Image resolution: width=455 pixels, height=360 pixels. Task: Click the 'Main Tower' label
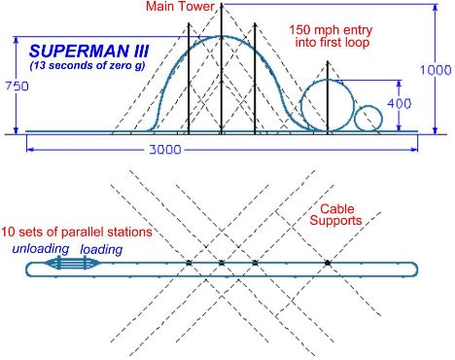tap(180, 7)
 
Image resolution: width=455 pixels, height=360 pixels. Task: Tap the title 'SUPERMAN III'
tap(88, 52)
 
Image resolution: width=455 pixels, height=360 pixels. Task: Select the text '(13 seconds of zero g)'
tap(87, 65)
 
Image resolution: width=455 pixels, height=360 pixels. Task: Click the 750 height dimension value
tap(17, 87)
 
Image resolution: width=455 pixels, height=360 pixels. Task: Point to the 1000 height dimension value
tap(436, 70)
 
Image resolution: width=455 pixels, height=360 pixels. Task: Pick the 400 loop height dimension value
tap(400, 103)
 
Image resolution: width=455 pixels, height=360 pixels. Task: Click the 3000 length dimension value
tap(165, 150)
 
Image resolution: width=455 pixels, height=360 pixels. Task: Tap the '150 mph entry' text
tap(331, 30)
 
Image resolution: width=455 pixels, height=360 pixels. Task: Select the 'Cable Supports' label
tap(335, 215)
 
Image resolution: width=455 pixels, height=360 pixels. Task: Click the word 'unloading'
tap(41, 249)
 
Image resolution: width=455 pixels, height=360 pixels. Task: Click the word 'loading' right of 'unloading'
tap(101, 249)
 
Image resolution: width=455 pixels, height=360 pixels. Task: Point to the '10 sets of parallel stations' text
tap(77, 232)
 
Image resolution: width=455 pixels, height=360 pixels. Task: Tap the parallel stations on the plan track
tap(72, 263)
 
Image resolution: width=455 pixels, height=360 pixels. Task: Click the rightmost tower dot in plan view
tap(328, 263)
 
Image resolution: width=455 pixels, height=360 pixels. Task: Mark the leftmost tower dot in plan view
tap(189, 263)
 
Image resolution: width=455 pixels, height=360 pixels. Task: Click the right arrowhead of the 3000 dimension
tap(414, 150)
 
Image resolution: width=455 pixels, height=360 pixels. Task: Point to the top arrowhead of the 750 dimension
tap(16, 40)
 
